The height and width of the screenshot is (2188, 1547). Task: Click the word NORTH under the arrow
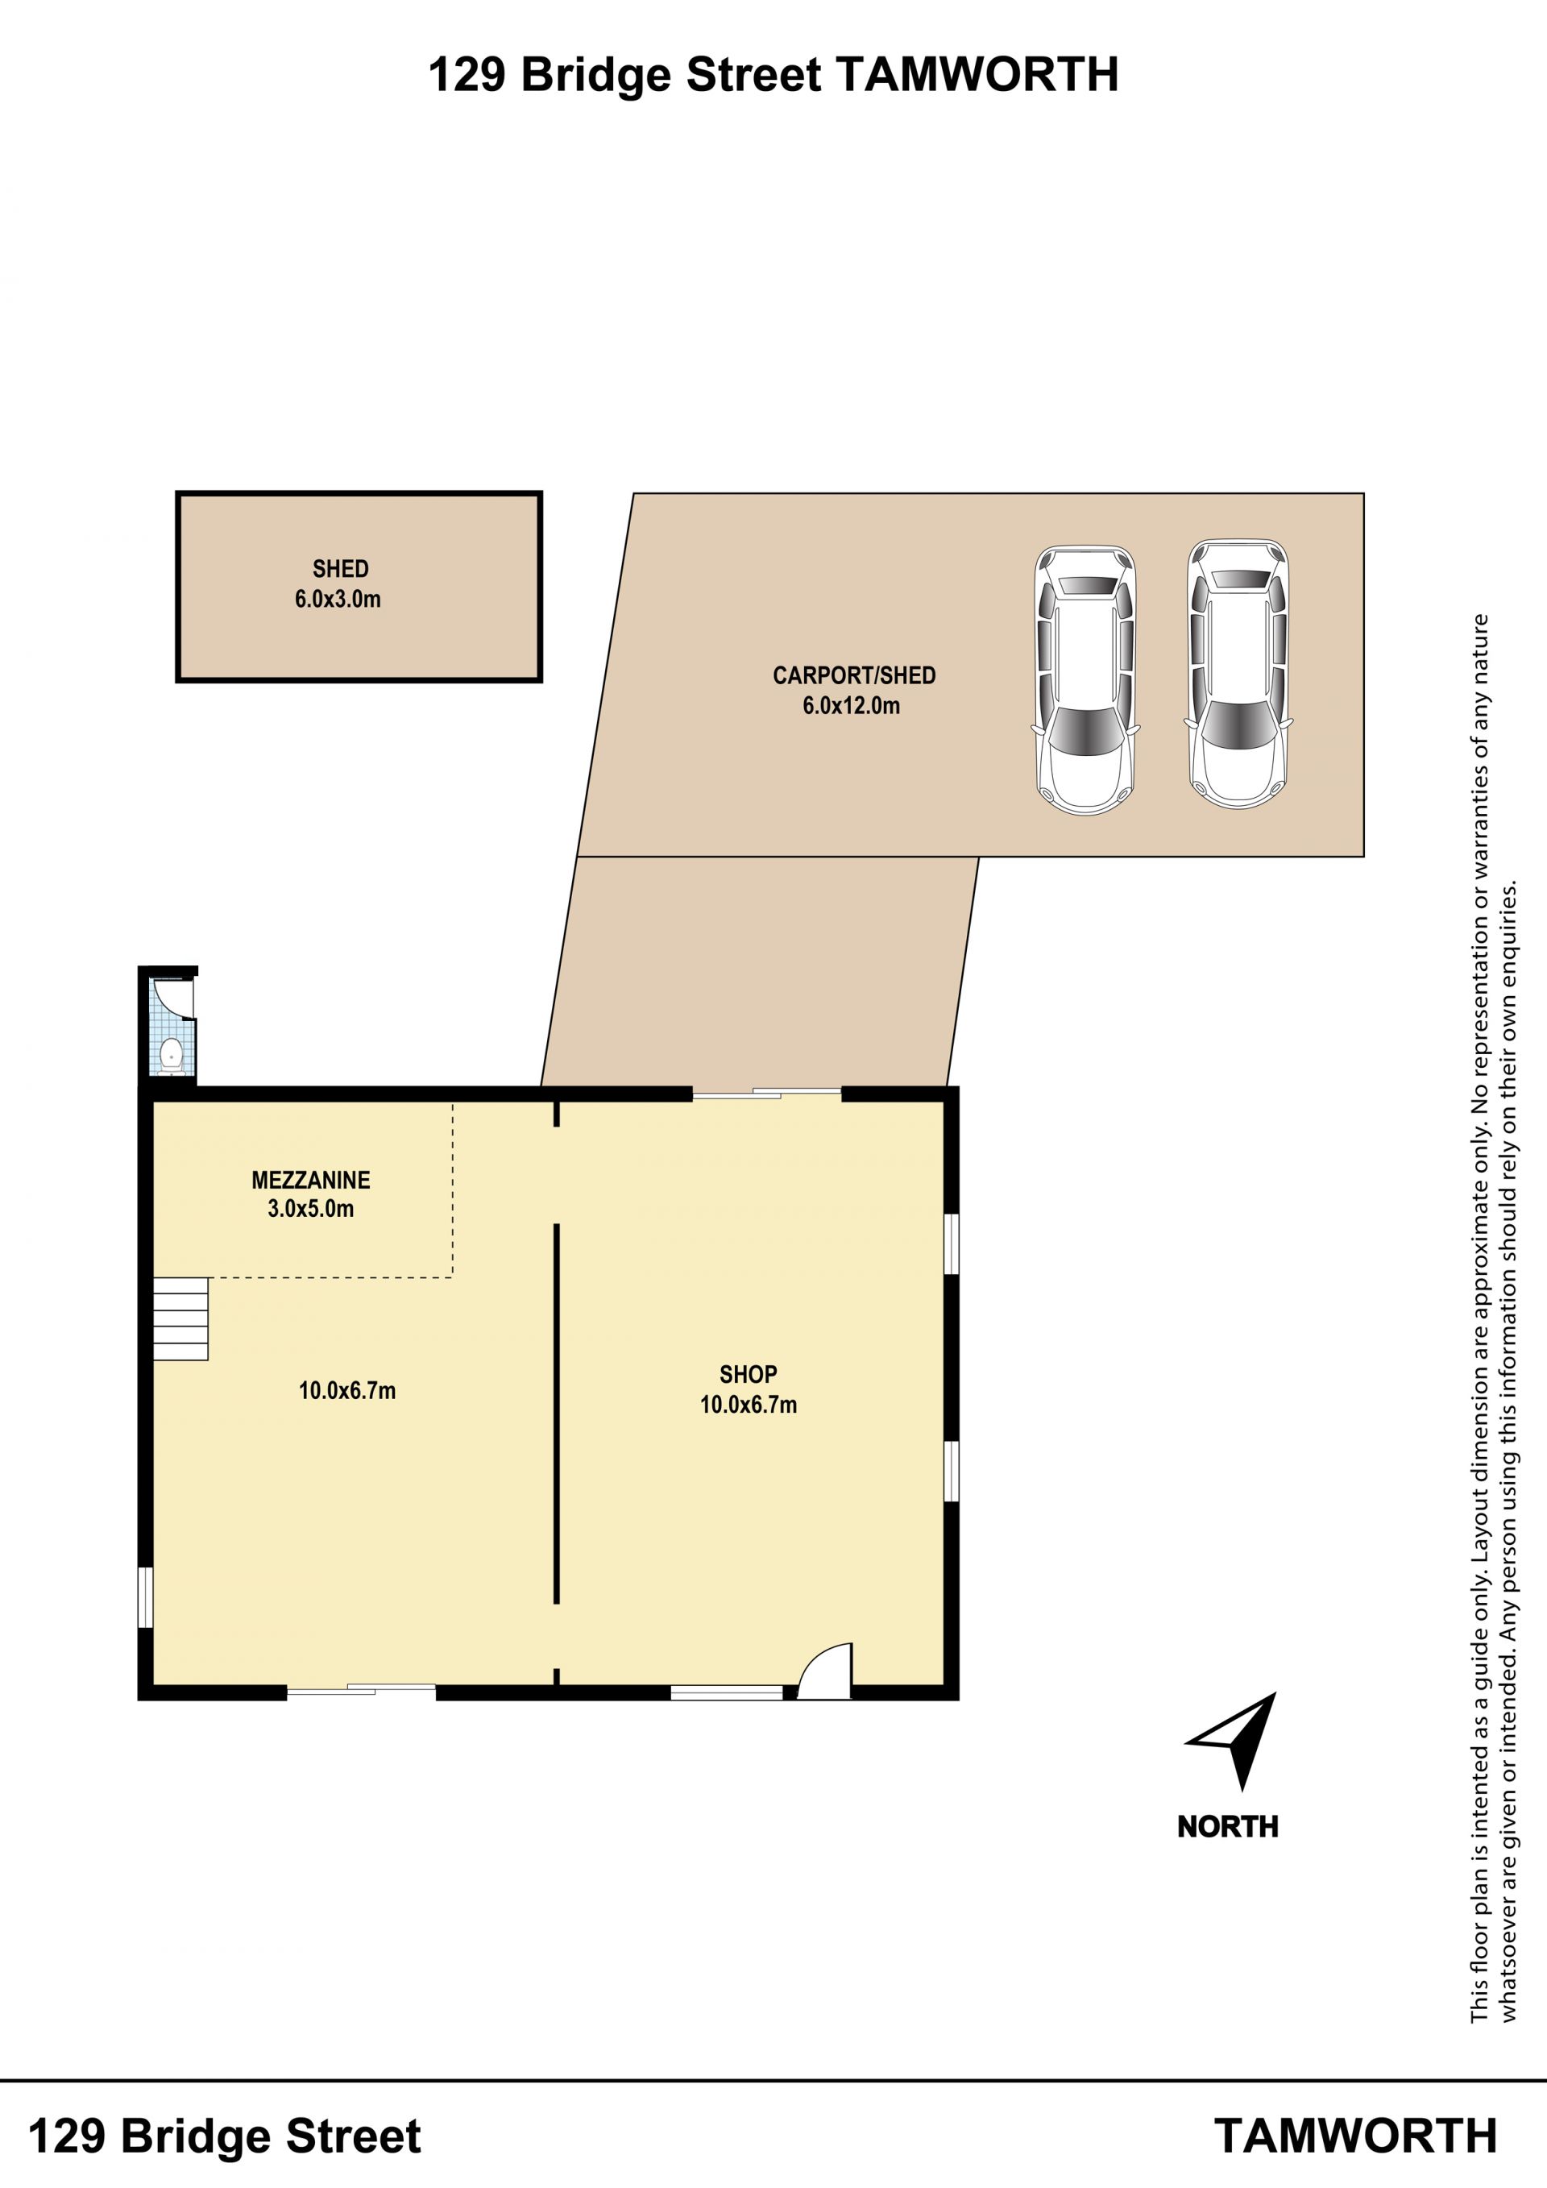pyautogui.click(x=1228, y=1827)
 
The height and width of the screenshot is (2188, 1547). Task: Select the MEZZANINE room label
pyautogui.click(x=310, y=1180)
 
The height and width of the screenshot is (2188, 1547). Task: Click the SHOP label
pyautogui.click(x=748, y=1374)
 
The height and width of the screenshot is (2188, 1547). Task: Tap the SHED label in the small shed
pyautogui.click(x=340, y=569)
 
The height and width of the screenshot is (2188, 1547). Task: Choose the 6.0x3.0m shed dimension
pyautogui.click(x=338, y=600)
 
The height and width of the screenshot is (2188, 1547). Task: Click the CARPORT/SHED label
pyautogui.click(x=853, y=675)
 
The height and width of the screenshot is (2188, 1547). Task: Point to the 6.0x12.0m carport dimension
pyautogui.click(x=851, y=706)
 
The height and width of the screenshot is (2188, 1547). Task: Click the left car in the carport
pyautogui.click(x=1085, y=679)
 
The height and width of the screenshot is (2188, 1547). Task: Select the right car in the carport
pyautogui.click(x=1238, y=675)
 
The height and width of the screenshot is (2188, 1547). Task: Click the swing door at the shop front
pyautogui.click(x=825, y=1671)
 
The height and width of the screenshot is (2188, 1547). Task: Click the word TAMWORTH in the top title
pyautogui.click(x=977, y=75)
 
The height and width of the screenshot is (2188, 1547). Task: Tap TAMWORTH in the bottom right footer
pyautogui.click(x=1355, y=2136)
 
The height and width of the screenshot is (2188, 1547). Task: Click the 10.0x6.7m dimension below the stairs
pyautogui.click(x=346, y=1390)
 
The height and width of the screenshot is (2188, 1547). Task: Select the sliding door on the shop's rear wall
pyautogui.click(x=767, y=1094)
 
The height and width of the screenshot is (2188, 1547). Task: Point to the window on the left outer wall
pyautogui.click(x=145, y=1597)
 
